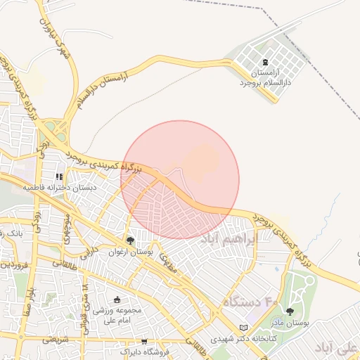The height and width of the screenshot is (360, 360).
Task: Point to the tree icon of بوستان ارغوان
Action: point(130,240)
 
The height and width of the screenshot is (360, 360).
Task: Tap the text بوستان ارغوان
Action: point(130,251)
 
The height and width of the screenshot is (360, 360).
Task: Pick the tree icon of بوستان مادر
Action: point(290,312)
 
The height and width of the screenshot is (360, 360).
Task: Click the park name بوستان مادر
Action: point(290,323)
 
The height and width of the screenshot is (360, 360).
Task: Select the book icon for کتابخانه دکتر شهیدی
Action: point(243,328)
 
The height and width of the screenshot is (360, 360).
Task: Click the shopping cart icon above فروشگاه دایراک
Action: point(144,341)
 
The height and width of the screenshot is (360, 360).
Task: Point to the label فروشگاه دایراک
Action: point(143,352)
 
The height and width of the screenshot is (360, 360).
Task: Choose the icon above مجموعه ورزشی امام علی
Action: point(117,300)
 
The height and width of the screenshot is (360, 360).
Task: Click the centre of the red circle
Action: point(180,179)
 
